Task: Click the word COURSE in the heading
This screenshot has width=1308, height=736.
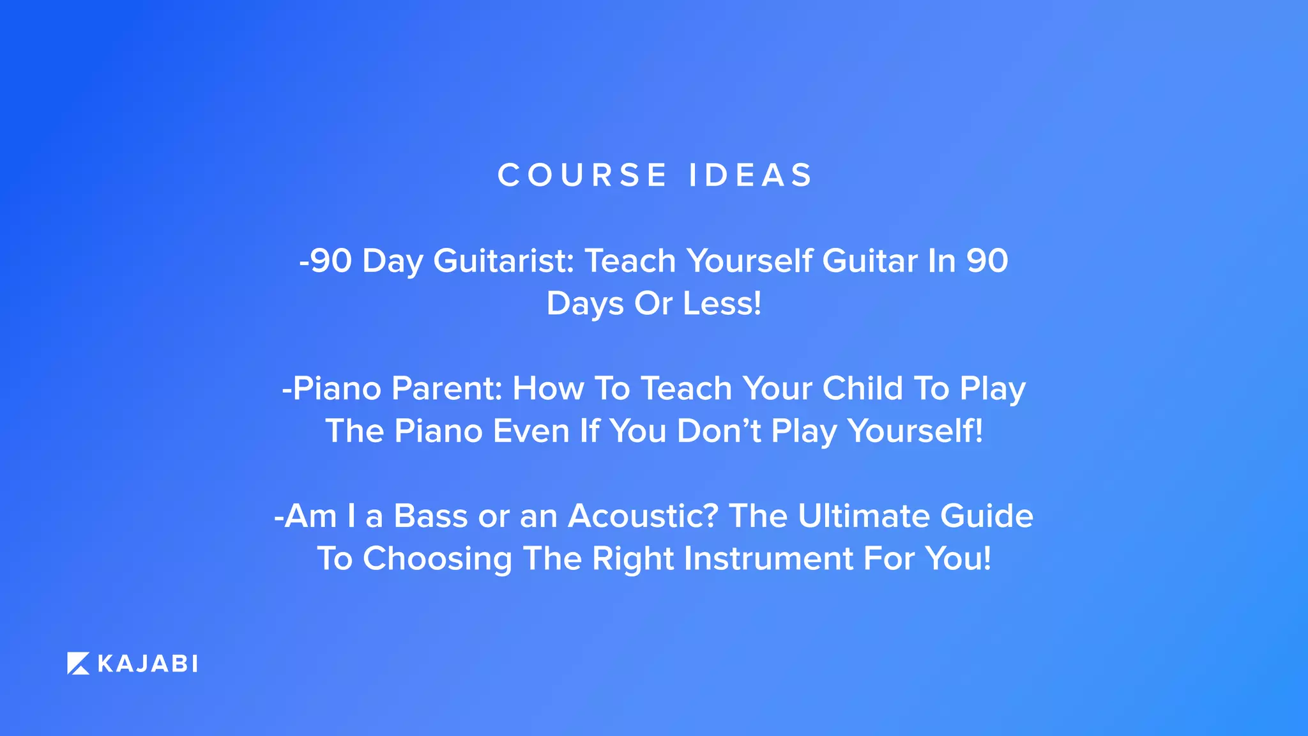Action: pos(582,175)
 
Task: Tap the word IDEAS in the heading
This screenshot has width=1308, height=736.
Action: pos(750,175)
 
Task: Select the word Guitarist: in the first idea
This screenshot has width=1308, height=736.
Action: pos(504,261)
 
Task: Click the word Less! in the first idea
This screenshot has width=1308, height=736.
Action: pos(722,303)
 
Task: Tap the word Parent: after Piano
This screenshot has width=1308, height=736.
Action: pos(446,388)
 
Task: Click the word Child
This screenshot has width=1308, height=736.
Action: pos(862,388)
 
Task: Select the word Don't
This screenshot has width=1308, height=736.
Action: pos(719,431)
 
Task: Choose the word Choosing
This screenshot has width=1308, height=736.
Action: pos(437,560)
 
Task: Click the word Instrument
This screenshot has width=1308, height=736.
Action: pos(768,559)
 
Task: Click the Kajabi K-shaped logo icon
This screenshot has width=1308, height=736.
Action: pos(79,664)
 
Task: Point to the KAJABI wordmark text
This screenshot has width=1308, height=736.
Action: pos(148,664)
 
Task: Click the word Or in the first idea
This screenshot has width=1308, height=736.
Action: pos(653,303)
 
